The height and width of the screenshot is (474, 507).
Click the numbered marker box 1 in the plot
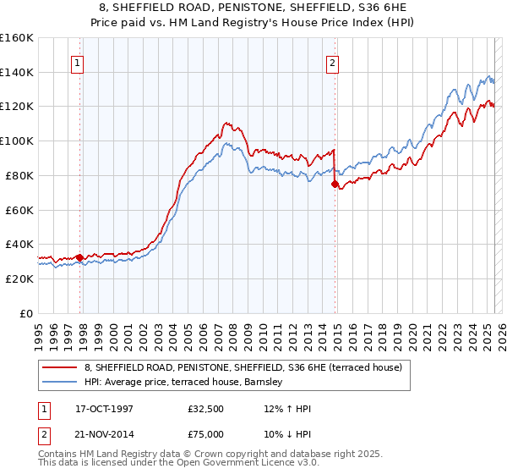pos(77,62)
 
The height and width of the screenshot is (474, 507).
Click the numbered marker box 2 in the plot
pos(333,62)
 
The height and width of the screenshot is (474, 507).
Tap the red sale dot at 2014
pos(335,184)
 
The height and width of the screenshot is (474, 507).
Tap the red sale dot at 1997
pos(79,257)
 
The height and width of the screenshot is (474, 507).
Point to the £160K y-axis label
pos(16,38)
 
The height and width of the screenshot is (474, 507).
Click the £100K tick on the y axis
pos(16,141)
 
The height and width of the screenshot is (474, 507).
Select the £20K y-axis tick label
pos(19,278)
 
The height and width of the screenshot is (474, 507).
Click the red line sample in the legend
pos(60,367)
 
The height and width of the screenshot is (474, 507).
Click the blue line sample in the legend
pos(60,383)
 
